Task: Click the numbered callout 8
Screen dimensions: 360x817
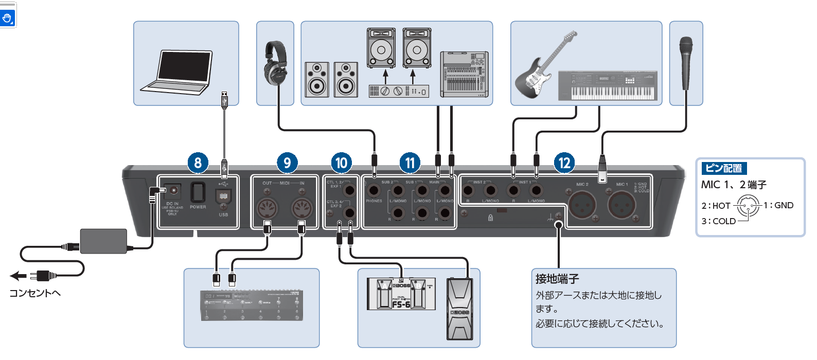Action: (x=198, y=163)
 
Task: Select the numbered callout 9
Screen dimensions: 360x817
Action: (x=287, y=163)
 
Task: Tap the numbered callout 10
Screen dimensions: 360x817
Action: (x=341, y=163)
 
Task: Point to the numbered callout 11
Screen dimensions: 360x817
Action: (x=410, y=163)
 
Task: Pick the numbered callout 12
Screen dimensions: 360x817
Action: (x=564, y=163)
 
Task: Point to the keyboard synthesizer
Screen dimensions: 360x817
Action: (x=607, y=85)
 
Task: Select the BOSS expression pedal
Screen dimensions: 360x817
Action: (x=459, y=309)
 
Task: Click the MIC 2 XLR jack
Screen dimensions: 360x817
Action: (x=582, y=205)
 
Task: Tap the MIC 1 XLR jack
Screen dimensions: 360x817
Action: (x=622, y=205)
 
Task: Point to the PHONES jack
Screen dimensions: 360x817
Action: (x=374, y=191)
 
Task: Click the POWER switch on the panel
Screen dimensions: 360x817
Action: (x=198, y=192)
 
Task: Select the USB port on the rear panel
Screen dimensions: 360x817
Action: (x=223, y=196)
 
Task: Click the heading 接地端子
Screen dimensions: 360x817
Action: (x=557, y=279)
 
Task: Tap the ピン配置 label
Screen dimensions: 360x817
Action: (x=723, y=168)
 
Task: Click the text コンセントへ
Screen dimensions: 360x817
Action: (x=35, y=293)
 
